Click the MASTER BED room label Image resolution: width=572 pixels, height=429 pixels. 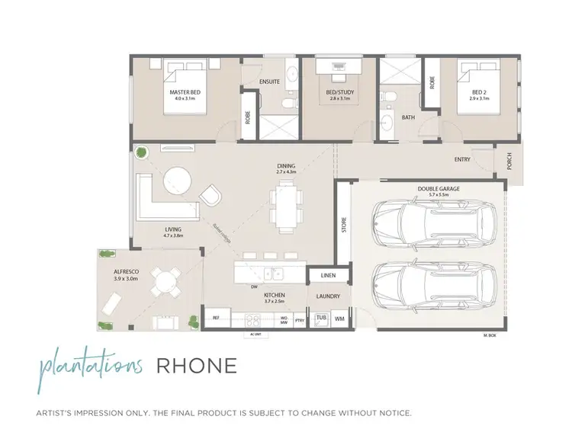click(x=184, y=92)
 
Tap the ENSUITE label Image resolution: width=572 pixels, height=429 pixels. click(x=269, y=81)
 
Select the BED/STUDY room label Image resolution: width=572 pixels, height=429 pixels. click(x=339, y=92)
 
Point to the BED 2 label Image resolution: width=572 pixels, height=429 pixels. click(x=478, y=92)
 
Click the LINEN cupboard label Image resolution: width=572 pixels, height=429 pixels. click(x=329, y=275)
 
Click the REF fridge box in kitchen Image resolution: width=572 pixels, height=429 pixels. click(x=216, y=318)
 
